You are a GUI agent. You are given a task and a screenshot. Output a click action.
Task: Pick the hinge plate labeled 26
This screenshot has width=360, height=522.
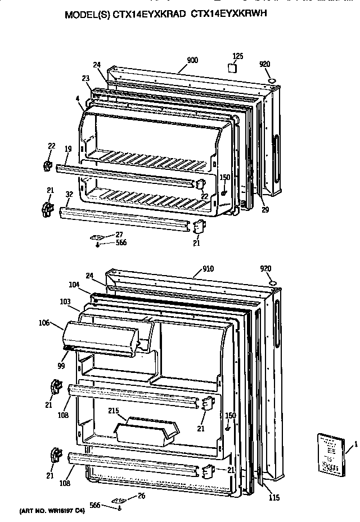click(119, 499)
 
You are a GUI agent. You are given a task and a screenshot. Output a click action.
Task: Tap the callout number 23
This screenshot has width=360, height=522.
click(85, 79)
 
